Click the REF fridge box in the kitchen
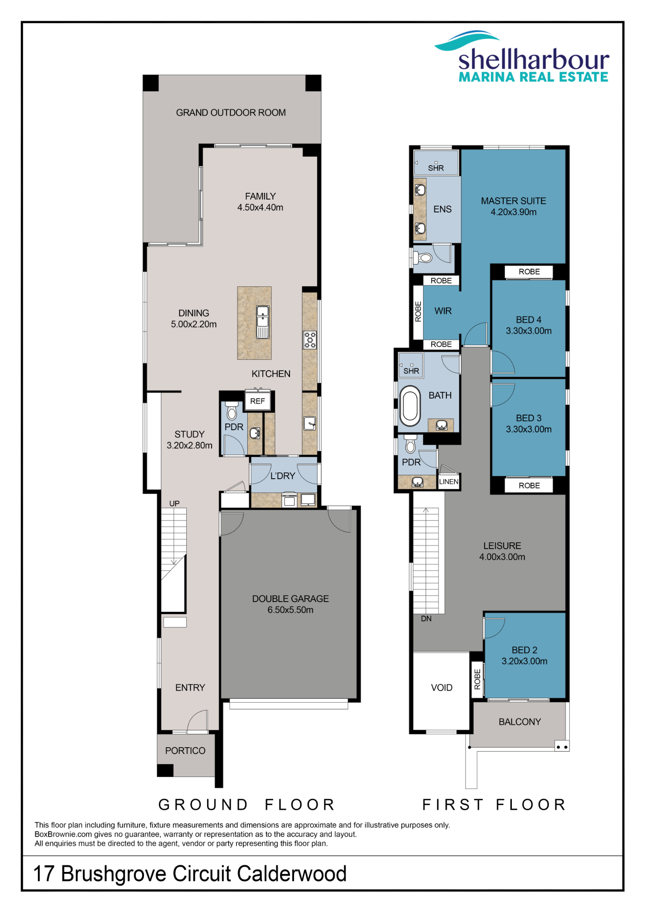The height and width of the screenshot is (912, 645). (x=257, y=401)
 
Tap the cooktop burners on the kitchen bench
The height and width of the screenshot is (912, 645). (x=310, y=340)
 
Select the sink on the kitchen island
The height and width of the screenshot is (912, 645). (x=263, y=322)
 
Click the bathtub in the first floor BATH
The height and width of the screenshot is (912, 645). (x=410, y=406)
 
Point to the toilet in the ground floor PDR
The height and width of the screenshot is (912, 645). (x=232, y=411)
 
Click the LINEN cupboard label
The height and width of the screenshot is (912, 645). (x=449, y=481)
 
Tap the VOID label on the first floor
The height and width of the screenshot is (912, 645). (x=441, y=688)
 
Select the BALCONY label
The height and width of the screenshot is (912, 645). (x=519, y=722)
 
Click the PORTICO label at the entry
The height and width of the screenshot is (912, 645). (x=185, y=751)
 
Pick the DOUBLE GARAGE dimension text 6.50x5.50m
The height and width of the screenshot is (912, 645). (x=290, y=610)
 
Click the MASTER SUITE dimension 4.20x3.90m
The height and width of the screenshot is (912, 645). (x=514, y=212)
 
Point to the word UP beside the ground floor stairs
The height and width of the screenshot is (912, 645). (x=174, y=504)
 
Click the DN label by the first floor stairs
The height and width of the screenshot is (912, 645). (x=426, y=619)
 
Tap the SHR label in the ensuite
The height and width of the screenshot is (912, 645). (x=436, y=168)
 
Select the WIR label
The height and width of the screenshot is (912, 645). (x=443, y=311)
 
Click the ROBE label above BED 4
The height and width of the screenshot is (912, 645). (x=529, y=272)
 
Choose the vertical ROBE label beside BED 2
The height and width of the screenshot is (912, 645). (x=478, y=679)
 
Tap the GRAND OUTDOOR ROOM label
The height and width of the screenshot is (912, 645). (x=231, y=113)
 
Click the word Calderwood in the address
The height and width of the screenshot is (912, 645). (x=292, y=874)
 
